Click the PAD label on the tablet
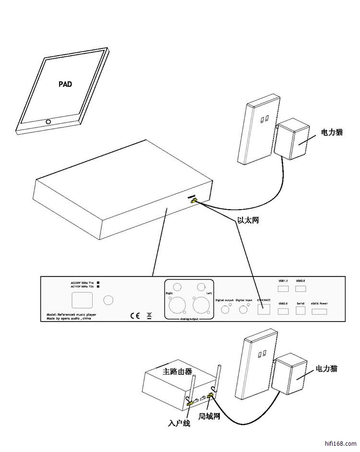click(65, 84)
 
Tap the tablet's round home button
click(48, 121)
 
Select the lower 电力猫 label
click(326, 369)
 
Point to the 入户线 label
click(180, 424)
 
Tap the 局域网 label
click(209, 417)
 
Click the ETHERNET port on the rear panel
click(264, 309)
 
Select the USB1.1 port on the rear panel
click(283, 288)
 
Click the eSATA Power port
click(320, 312)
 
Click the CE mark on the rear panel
click(135, 316)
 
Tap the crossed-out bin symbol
click(149, 315)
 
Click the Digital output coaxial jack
click(225, 309)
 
